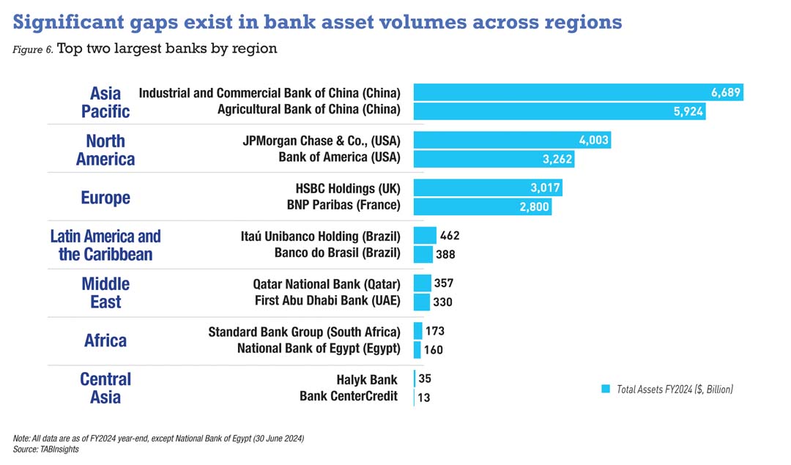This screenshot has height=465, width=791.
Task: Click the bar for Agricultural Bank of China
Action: coord(559,111)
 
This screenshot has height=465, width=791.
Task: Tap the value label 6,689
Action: coord(726,92)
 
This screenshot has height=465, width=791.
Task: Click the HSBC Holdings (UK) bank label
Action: coord(348,188)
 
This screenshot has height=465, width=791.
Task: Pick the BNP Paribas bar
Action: coord(482,207)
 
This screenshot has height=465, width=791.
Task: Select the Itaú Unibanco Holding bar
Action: coord(425,236)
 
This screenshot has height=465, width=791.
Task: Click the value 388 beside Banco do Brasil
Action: coord(445,255)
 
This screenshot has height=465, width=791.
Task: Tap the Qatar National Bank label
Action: coord(327,283)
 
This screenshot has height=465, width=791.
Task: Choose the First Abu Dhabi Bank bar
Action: coord(422,302)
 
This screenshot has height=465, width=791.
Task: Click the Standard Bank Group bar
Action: coord(418,331)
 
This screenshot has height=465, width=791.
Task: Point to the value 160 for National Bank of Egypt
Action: coord(434,350)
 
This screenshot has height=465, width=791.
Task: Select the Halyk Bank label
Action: coord(367,379)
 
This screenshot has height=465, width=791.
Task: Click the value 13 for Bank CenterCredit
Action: coord(424,398)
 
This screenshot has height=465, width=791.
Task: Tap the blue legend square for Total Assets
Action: coord(606,389)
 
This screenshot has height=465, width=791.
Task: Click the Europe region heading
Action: coord(105,198)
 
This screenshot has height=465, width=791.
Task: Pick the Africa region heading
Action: coord(105,341)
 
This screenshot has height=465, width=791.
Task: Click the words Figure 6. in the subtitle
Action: coord(32,50)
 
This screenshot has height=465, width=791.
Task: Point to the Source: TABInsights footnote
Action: coord(46,449)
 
